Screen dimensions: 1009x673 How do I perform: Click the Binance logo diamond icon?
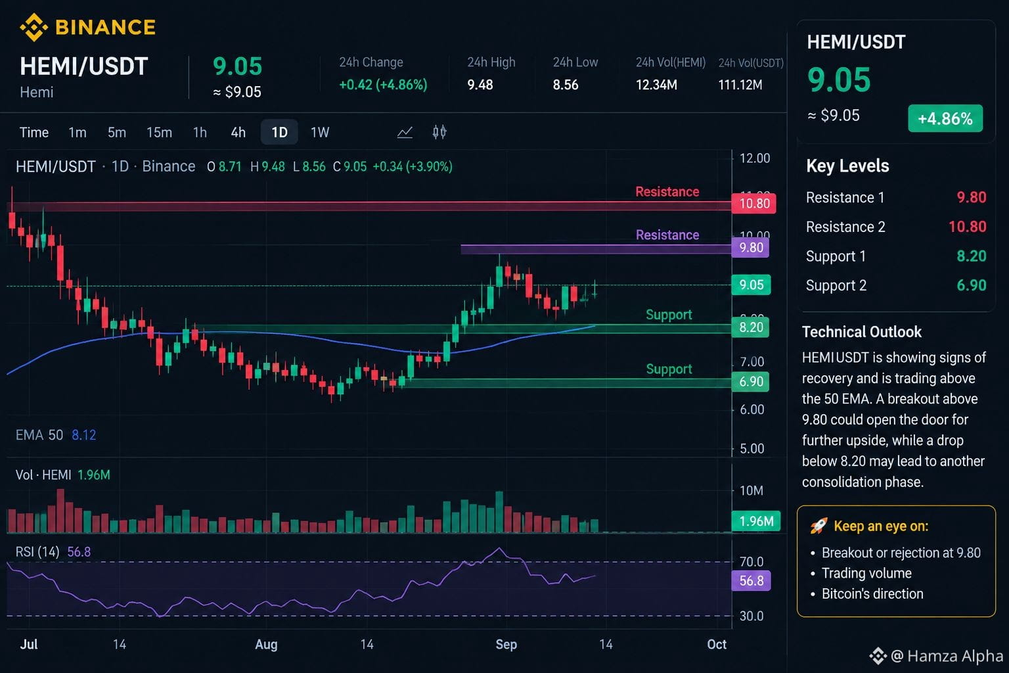34,27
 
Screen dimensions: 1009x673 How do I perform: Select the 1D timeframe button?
279,132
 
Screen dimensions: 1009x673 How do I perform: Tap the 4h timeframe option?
238,133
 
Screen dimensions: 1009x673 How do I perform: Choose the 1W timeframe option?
320,133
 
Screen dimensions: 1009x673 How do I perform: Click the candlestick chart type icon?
439,132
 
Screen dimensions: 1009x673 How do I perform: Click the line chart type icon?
405,133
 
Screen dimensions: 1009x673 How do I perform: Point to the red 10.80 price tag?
754,203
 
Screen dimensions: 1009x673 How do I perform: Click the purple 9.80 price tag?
751,248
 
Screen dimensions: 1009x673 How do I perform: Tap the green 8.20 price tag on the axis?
751,327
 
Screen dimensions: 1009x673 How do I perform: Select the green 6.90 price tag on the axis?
751,381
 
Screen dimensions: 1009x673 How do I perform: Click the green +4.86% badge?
945,118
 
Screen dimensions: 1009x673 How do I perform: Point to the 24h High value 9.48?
480,85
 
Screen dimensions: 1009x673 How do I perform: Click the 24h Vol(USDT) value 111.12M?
740,85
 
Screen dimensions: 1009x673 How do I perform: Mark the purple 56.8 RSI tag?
751,580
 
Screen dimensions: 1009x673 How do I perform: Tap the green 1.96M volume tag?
756,521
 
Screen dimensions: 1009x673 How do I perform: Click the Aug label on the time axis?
266,645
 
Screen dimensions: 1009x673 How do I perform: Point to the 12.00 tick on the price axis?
755,158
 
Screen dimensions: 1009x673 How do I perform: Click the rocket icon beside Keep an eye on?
818,526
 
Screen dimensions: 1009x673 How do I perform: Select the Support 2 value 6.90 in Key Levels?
971,285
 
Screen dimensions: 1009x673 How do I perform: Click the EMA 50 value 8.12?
84,435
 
